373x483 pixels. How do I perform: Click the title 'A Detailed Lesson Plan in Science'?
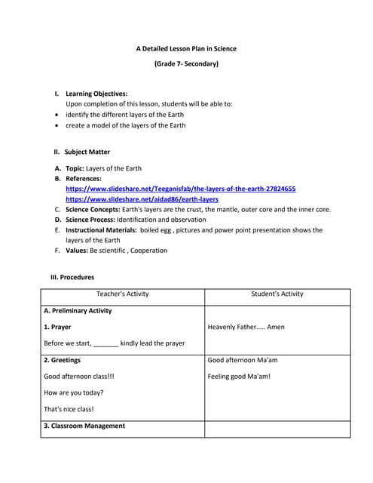point(186,48)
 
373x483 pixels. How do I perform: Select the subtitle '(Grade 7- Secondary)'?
point(186,64)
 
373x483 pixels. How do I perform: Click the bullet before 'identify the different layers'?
point(58,115)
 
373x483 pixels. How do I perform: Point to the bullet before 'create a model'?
point(58,125)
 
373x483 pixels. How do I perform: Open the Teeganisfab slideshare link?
point(181,189)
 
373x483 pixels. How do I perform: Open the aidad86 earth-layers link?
point(142,198)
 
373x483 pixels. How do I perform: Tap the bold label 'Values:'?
point(76,251)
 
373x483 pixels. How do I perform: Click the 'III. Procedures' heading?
point(72,277)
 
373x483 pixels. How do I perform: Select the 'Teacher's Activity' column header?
point(123,294)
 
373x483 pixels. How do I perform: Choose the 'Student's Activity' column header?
point(277,294)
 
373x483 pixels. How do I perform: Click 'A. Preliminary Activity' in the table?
point(78,311)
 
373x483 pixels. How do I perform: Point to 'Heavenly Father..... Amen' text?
point(246,328)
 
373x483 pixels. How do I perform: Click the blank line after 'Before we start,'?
point(106,344)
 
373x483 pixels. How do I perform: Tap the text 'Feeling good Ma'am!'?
point(238,377)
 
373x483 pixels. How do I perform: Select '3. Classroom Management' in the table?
point(84,426)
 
